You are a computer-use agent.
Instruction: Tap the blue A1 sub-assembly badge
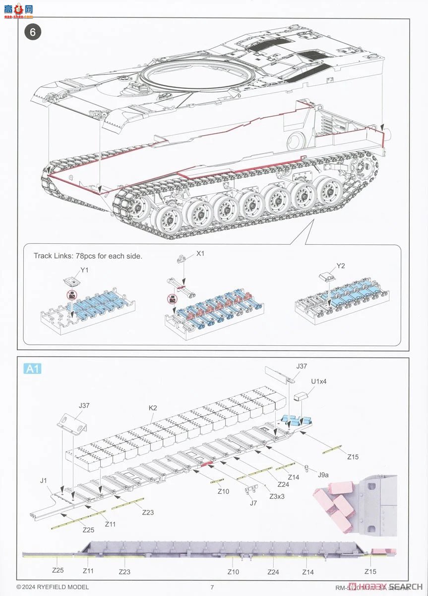coord(32,369)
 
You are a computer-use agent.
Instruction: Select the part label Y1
coord(84,270)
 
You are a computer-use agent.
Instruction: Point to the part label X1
coord(200,253)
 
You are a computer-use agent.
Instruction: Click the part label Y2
coord(341,266)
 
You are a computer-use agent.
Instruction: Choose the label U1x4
coord(319,381)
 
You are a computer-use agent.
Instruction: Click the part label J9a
coord(323,475)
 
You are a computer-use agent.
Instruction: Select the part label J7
coord(253,503)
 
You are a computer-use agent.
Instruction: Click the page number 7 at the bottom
coord(212,587)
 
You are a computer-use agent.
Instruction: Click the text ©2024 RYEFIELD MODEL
coord(53,587)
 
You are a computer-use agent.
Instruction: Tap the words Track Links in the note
coord(53,256)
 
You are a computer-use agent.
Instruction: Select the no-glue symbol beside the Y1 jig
coord(72,295)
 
